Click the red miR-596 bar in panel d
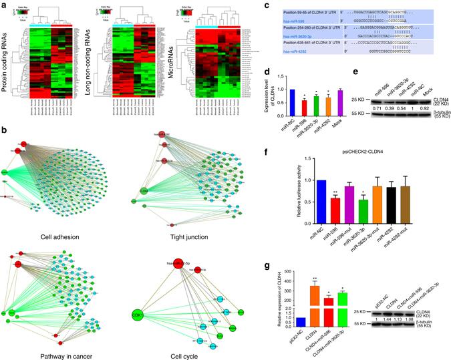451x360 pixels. (286, 108)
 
